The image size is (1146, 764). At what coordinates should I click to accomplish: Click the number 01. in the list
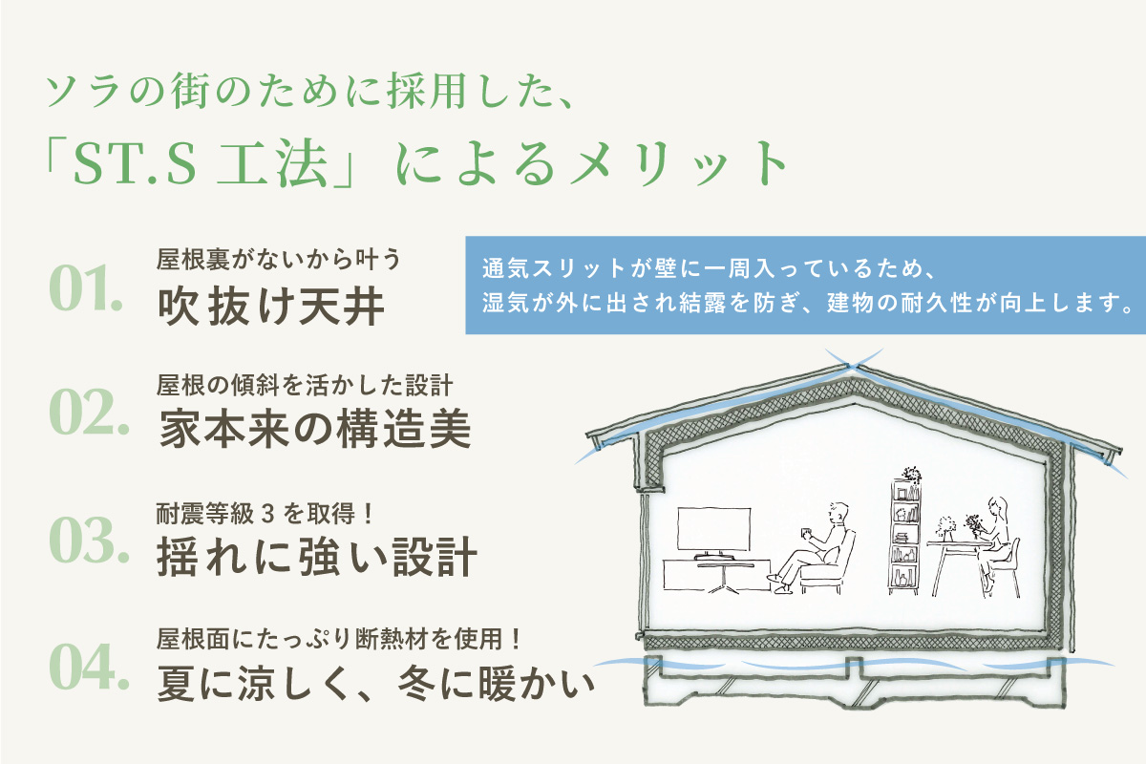click(86, 287)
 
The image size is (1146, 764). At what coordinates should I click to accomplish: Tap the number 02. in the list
click(89, 412)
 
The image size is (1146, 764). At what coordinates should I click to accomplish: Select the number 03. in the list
click(89, 540)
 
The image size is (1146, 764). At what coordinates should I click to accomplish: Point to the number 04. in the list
click(89, 666)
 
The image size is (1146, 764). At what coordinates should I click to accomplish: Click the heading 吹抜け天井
click(271, 306)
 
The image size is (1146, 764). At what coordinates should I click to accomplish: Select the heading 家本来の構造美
click(315, 429)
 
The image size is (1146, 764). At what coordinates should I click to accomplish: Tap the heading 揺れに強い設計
click(317, 557)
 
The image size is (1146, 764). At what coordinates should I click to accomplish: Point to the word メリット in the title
click(679, 163)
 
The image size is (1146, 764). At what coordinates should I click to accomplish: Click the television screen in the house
click(714, 529)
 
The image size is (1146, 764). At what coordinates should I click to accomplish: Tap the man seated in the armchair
click(813, 547)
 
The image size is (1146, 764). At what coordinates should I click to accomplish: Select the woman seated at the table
click(994, 542)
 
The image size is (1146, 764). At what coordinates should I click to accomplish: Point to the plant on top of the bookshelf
click(911, 475)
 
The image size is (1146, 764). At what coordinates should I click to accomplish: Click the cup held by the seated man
click(805, 532)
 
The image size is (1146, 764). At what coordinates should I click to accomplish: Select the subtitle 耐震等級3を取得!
click(264, 514)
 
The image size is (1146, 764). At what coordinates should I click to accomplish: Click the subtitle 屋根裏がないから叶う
click(278, 259)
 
